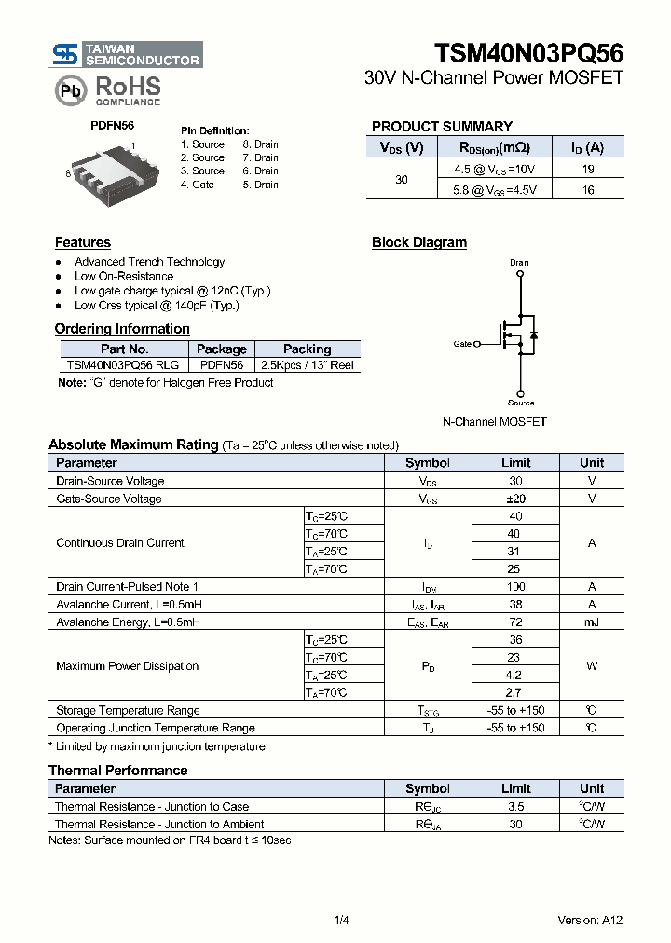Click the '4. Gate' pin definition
[198, 184]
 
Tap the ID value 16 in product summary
[587, 189]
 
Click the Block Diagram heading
[419, 242]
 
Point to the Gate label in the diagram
[462, 344]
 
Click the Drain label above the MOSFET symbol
[519, 263]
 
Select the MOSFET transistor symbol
[518, 333]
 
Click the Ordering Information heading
[122, 329]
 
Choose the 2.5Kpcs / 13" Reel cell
[307, 365]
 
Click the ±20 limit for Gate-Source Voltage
[515, 499]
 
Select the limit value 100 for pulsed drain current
[515, 587]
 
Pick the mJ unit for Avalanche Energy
[591, 622]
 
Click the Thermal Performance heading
[117, 771]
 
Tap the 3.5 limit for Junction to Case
[515, 807]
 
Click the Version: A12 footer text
[590, 920]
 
